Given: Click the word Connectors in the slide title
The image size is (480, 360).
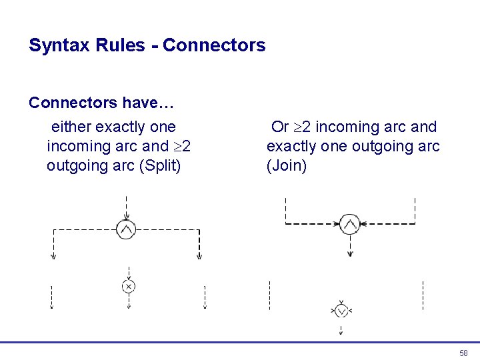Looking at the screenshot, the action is point(214,45).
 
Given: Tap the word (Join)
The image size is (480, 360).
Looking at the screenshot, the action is point(287,165).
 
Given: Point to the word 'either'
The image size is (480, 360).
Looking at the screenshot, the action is point(71,127).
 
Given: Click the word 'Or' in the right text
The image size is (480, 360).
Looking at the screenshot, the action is point(280,127).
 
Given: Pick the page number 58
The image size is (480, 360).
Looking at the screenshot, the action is point(463,353).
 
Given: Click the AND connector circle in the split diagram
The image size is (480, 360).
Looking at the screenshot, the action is point(126,229).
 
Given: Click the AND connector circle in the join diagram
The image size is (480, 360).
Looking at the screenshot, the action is point(350,225).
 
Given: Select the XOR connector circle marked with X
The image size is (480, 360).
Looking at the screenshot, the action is point(129,286).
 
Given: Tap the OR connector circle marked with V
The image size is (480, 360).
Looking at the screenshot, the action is point(341,311).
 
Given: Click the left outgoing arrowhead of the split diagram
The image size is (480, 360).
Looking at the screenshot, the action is point(53,256).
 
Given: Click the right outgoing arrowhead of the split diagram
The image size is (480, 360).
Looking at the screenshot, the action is point(199,256).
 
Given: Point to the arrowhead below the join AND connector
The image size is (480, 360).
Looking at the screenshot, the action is point(350,253).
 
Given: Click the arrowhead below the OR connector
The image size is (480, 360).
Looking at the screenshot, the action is point(341,331).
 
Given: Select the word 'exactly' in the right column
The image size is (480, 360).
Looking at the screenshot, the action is point(291,146).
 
